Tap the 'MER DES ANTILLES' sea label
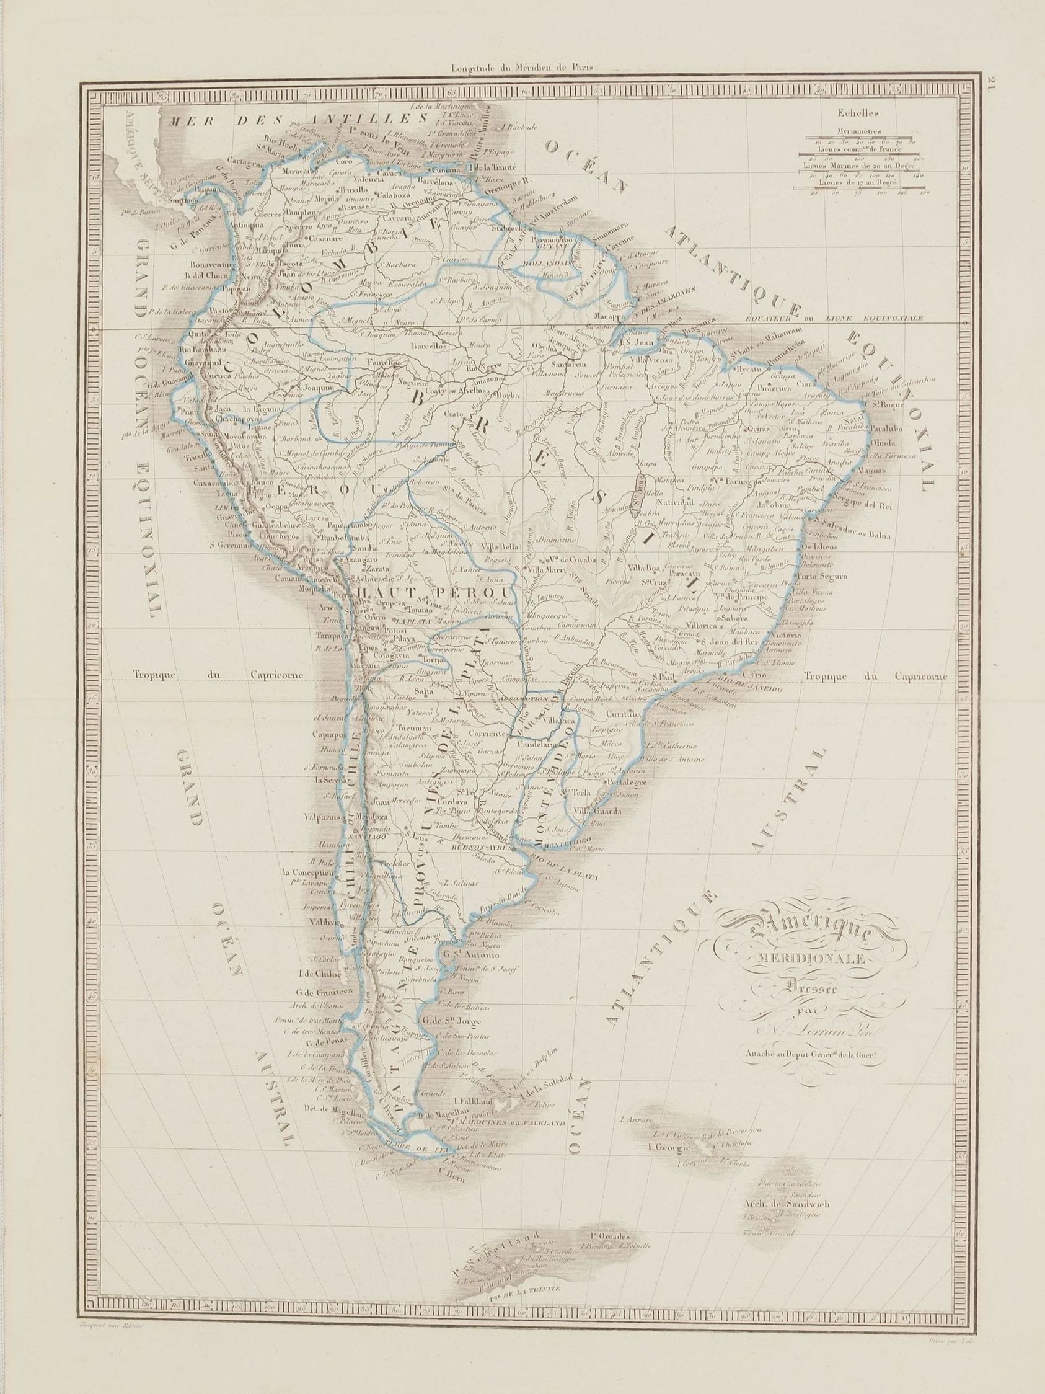pyautogui.click(x=295, y=120)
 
